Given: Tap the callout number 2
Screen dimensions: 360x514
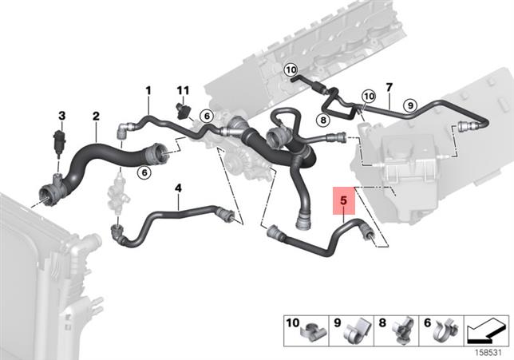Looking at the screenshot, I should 96,117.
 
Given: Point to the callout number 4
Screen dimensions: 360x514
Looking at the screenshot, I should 178,188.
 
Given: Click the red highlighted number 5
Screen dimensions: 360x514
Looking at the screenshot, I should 342,200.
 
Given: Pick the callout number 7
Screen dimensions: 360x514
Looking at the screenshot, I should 389,86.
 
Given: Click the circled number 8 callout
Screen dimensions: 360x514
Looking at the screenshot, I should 323,120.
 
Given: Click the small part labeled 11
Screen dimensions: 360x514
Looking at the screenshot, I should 183,109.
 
